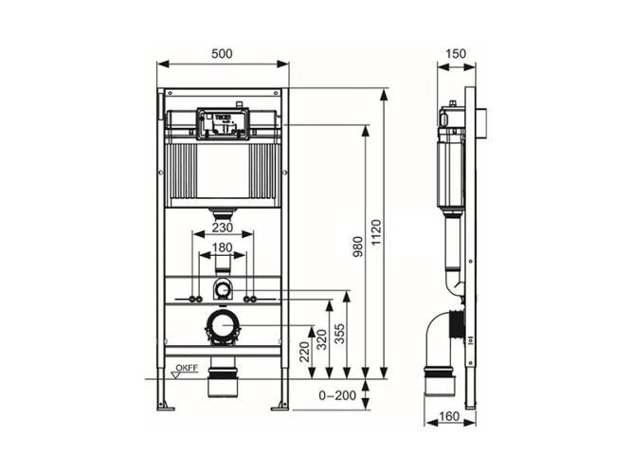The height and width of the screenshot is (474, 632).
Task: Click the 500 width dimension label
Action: point(222,54)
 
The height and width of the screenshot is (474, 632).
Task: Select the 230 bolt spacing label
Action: point(222,228)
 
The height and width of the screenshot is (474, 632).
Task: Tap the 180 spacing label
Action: point(222,248)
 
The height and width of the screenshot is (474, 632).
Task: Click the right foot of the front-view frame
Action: point(281,407)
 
